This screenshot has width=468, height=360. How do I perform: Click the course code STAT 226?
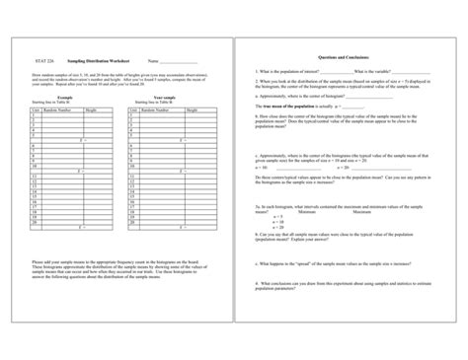[x=40, y=60]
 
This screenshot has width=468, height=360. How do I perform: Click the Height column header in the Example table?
[x=93, y=110]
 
